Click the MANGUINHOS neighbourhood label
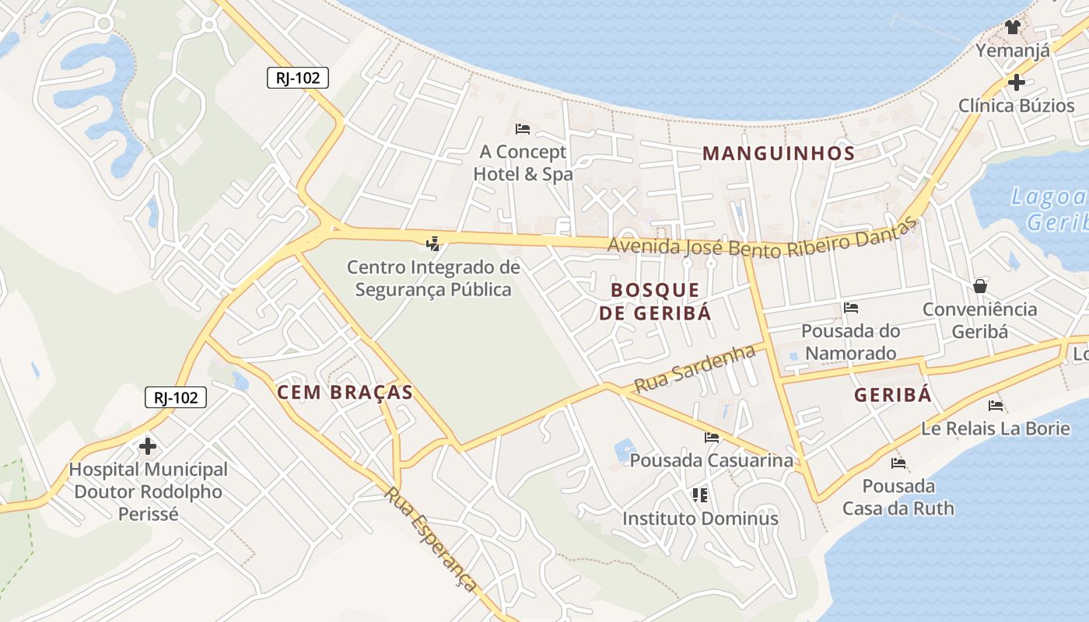779,153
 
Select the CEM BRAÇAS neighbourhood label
345,393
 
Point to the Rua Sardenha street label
695,368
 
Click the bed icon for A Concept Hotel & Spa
523,128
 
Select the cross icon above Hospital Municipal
148,446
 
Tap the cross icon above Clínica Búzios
1016,82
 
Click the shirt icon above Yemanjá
1012,27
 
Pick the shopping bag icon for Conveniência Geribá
980,286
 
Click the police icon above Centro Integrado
433,244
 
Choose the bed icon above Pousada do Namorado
851,308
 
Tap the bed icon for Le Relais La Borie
996,405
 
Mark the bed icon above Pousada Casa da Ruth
898,463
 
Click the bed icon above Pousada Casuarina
712,438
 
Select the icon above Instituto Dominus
700,494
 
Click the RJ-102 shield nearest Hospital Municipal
176,397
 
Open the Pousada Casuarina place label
712,460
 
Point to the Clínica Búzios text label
1016,106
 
